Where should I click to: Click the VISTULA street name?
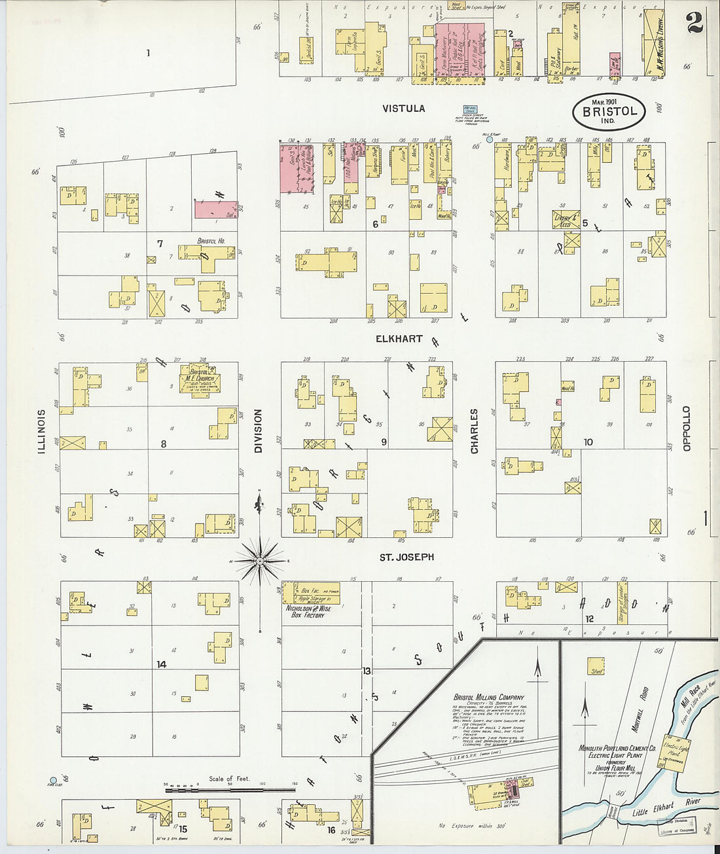pyautogui.click(x=404, y=109)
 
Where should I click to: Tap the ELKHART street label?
pyautogui.click(x=399, y=339)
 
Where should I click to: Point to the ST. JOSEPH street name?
pyautogui.click(x=406, y=558)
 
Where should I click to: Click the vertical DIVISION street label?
pyautogui.click(x=258, y=431)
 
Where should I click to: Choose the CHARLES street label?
pyautogui.click(x=474, y=431)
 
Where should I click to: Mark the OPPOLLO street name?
pyautogui.click(x=687, y=429)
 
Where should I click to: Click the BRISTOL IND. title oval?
pyautogui.click(x=609, y=112)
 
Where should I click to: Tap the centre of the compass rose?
pyautogui.click(x=260, y=561)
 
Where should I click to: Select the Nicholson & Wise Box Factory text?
pyautogui.click(x=308, y=611)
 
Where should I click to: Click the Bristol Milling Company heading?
pyautogui.click(x=489, y=697)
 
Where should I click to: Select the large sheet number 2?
pyautogui.click(x=694, y=24)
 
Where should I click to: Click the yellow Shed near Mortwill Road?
pyautogui.click(x=596, y=671)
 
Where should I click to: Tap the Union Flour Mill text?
pyautogui.click(x=612, y=768)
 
